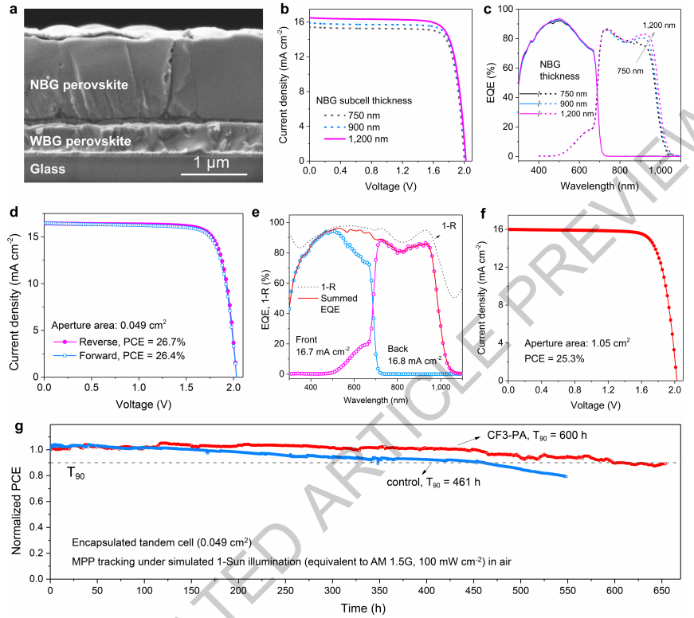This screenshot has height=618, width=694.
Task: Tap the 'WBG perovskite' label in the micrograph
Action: click(x=80, y=140)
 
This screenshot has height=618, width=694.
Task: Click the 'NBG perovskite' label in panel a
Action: click(x=79, y=84)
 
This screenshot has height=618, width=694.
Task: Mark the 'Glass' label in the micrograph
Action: click(x=48, y=169)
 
